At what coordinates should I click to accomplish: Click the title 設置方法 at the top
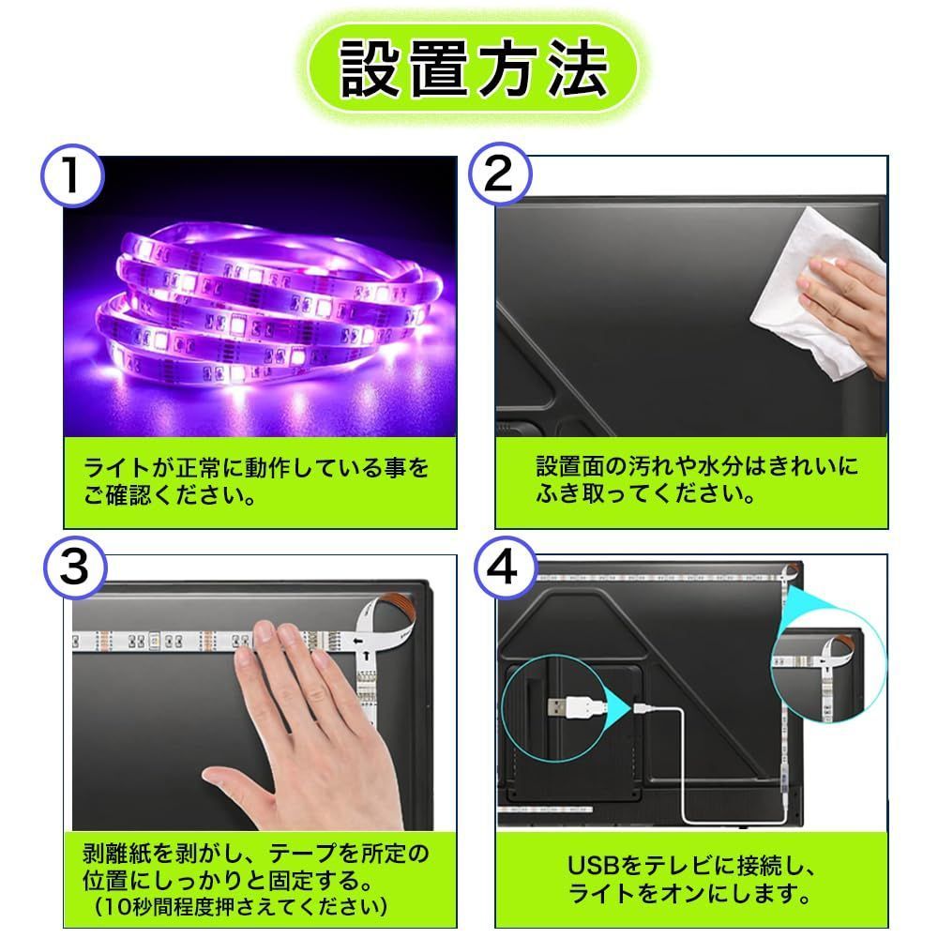pyautogui.click(x=473, y=68)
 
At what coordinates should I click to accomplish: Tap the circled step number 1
pyautogui.click(x=72, y=175)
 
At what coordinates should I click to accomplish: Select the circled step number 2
pyautogui.click(x=500, y=174)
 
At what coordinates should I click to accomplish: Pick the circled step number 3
pyautogui.click(x=75, y=567)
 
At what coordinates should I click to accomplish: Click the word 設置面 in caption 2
pyautogui.click(x=569, y=466)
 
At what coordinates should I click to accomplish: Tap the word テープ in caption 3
pyautogui.click(x=302, y=853)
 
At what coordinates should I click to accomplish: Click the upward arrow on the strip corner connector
pyautogui.click(x=366, y=657)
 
